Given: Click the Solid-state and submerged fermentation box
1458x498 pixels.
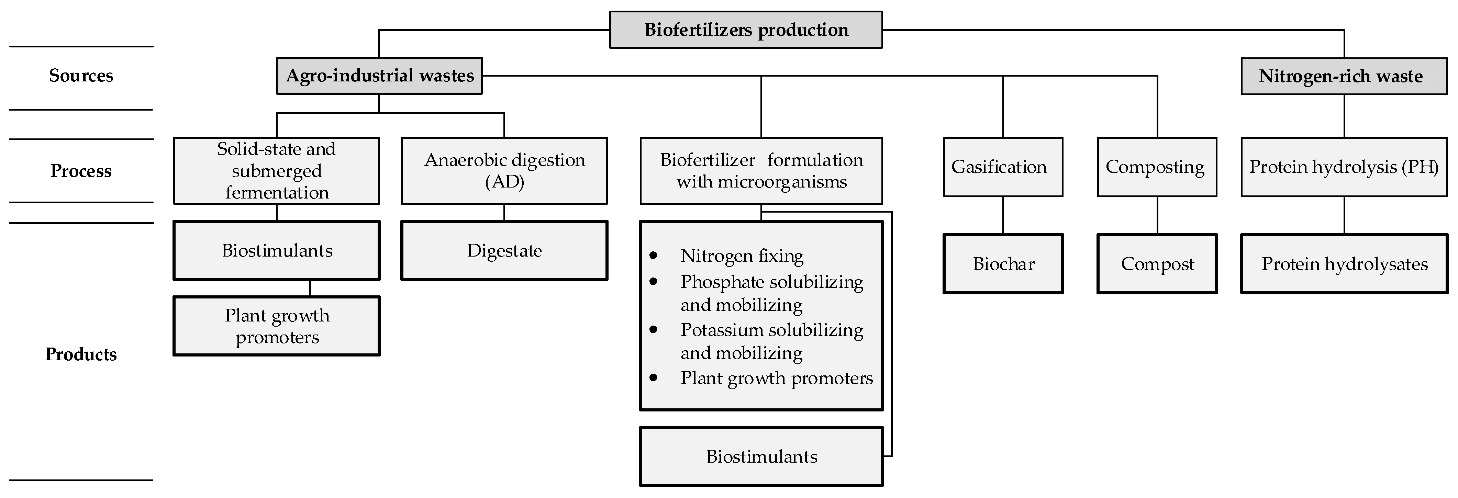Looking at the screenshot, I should click(276, 170).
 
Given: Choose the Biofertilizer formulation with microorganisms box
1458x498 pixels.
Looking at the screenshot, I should click(761, 170).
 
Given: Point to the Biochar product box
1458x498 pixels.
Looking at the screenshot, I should click(1003, 264).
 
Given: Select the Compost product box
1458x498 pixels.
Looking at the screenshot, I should click(1157, 264).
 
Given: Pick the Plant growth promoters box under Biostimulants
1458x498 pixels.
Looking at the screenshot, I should click(276, 326).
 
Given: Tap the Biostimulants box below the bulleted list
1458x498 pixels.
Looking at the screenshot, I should click(761, 456).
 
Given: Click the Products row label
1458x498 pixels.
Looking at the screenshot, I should click(81, 354).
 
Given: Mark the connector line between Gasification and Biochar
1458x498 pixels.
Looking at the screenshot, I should click(1003, 215).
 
